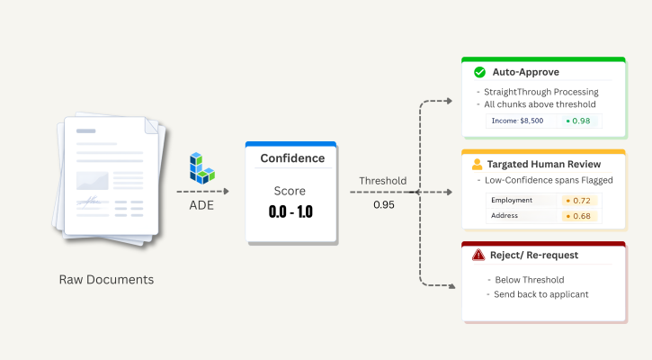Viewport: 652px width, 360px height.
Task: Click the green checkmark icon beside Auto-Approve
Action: click(x=478, y=71)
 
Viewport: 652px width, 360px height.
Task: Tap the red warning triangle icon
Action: click(x=478, y=255)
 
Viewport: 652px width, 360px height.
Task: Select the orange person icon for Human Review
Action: click(x=478, y=165)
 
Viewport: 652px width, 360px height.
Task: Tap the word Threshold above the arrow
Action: click(x=383, y=181)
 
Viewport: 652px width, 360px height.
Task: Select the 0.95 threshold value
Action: click(x=384, y=204)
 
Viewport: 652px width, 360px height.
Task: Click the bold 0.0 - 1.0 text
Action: click(x=290, y=212)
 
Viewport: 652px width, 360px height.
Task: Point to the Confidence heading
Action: click(x=292, y=158)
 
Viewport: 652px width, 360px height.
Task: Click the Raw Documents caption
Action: click(x=106, y=280)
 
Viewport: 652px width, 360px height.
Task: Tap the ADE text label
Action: click(x=201, y=204)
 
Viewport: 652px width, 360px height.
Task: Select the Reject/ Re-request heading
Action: click(x=535, y=255)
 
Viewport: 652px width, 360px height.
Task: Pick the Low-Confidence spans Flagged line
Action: click(x=541, y=180)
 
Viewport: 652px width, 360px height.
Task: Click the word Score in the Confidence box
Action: click(x=290, y=191)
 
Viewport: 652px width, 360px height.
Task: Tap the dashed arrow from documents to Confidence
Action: click(x=202, y=192)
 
